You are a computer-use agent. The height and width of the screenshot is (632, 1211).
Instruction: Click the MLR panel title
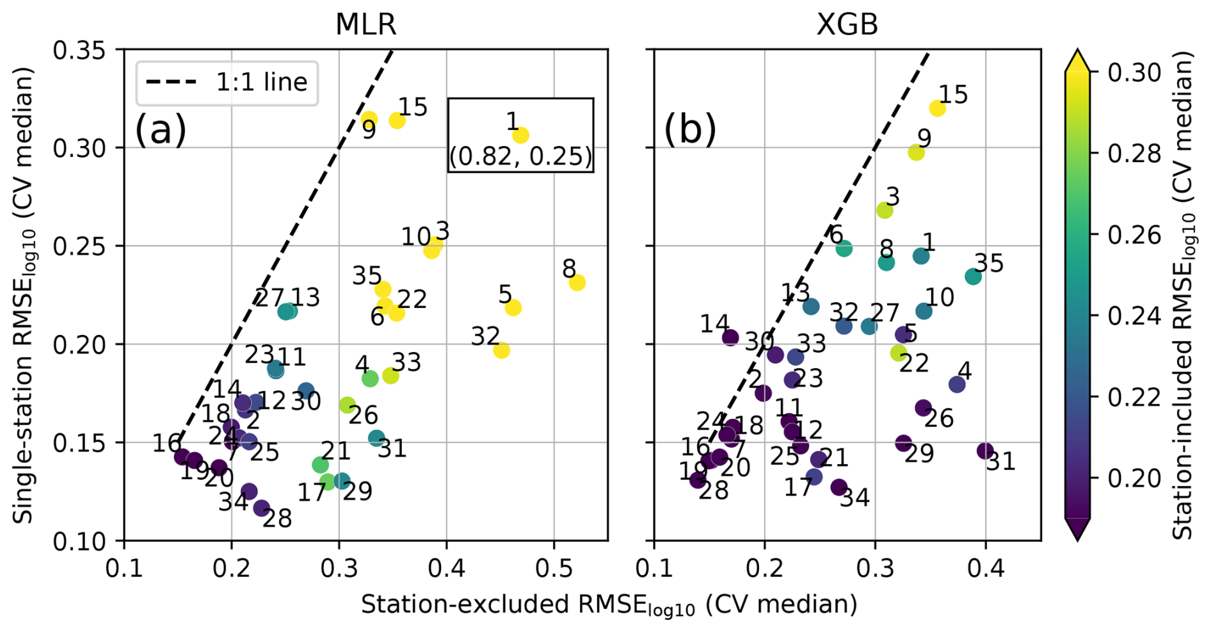[x=365, y=24]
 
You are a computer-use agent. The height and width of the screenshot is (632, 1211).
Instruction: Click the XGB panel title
[x=847, y=24]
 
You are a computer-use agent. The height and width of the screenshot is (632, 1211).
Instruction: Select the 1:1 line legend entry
[x=227, y=83]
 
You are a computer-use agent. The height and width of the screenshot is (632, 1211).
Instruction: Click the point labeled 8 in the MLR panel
[x=577, y=282]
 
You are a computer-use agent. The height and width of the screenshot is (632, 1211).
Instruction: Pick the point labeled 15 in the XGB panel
[x=937, y=108]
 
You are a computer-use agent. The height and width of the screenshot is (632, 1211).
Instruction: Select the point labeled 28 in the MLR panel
[x=261, y=508]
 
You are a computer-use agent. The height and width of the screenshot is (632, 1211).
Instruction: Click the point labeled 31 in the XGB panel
[x=985, y=451]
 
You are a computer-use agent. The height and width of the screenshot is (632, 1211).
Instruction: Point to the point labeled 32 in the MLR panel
[x=501, y=350]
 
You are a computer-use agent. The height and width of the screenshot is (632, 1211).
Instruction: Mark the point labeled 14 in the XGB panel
[x=730, y=337]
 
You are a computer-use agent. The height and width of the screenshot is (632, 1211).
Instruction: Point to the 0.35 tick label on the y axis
[x=79, y=50]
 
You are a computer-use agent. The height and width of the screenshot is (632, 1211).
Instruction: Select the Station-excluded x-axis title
[x=608, y=605]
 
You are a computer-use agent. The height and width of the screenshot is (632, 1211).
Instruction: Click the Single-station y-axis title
[x=24, y=295]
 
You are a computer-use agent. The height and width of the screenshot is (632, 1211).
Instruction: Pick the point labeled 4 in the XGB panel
[x=957, y=384]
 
